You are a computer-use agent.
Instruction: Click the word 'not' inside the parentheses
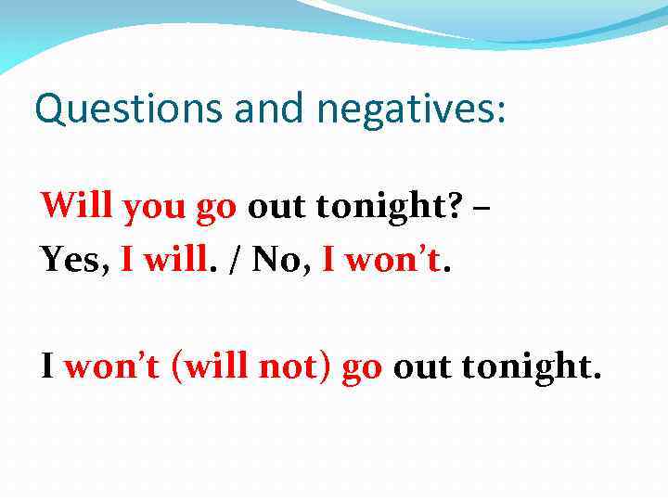(290, 367)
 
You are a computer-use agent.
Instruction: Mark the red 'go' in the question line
(217, 207)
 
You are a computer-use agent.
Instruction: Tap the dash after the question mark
(482, 207)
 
